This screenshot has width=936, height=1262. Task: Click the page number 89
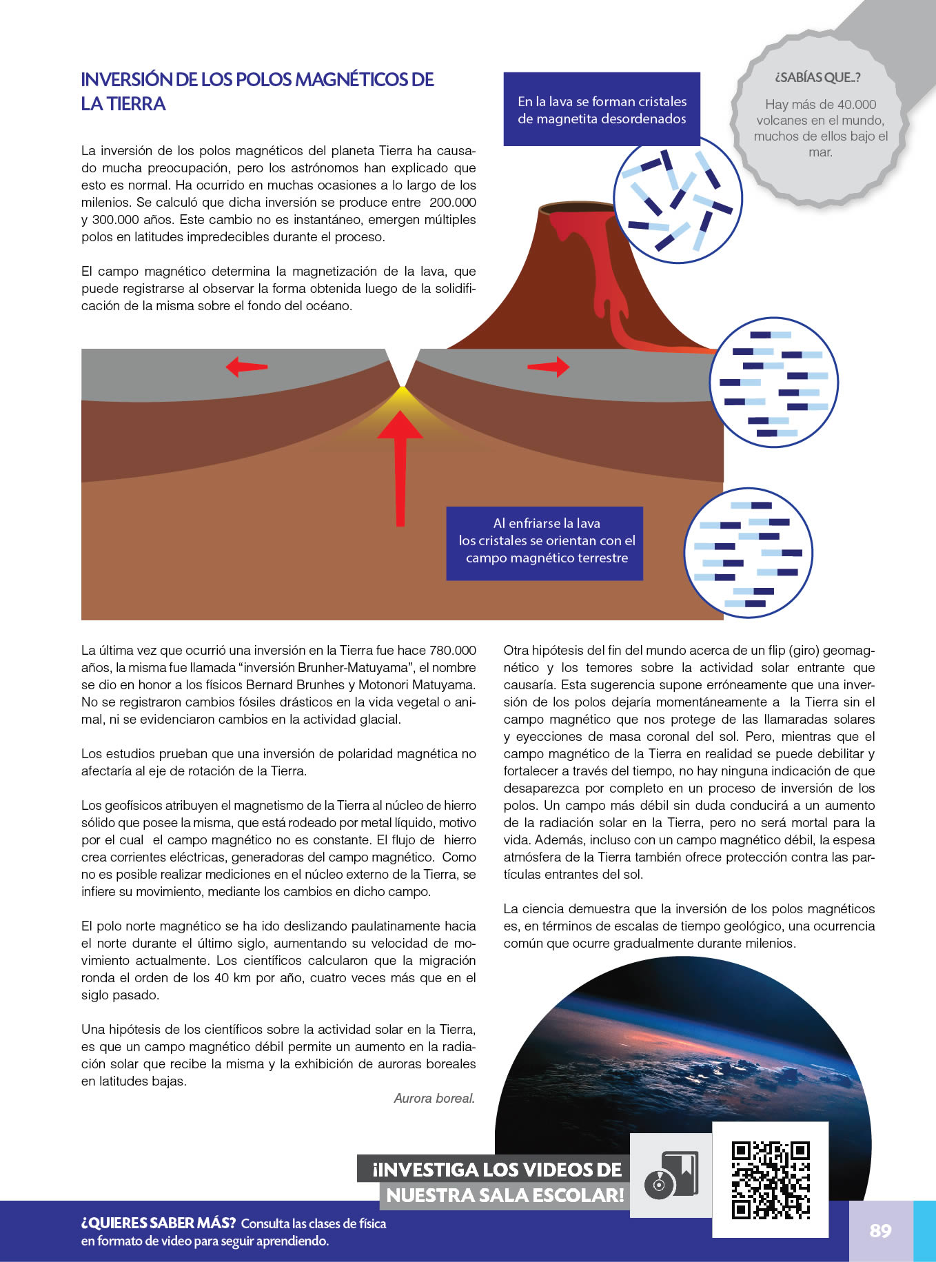[x=880, y=1230]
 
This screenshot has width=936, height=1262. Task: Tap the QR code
[x=770, y=1179]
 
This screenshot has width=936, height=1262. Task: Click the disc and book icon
[x=671, y=1175]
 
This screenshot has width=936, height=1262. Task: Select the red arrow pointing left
[x=246, y=367]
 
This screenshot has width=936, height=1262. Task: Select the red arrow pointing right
[x=549, y=367]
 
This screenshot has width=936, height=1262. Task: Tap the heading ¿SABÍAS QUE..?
[x=817, y=77]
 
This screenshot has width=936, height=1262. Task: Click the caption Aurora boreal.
[x=434, y=1098]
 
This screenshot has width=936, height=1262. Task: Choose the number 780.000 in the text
[x=452, y=650]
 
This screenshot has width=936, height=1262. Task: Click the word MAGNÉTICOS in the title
[x=352, y=79]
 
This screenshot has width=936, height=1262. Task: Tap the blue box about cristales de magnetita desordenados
[x=602, y=110]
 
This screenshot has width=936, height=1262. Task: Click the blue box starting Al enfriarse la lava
[x=545, y=543]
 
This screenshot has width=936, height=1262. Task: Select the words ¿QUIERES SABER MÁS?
[x=159, y=1223]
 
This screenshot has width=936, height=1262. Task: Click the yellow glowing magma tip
[x=400, y=397]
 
